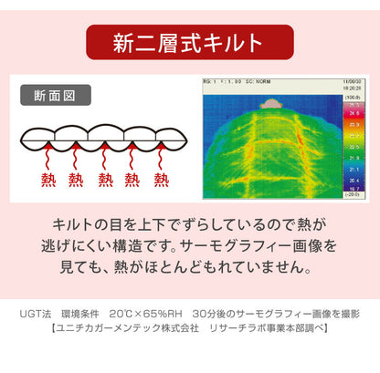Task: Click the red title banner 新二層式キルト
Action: (x=189, y=43)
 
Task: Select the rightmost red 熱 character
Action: (x=161, y=180)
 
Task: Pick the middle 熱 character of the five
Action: (x=105, y=180)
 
